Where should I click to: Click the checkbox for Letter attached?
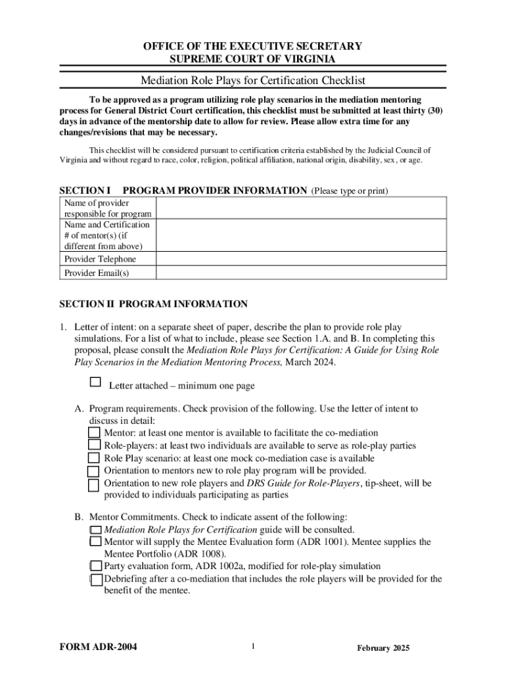tap(95, 382)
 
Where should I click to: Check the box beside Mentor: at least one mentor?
tap(95, 432)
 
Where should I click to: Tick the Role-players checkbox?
tap(95, 445)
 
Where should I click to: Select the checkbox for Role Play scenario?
tap(95, 458)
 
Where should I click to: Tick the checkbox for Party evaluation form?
tap(96, 566)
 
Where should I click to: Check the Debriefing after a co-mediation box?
tap(96, 579)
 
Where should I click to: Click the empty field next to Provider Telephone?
tap(301, 259)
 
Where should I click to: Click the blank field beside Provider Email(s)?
tap(301, 273)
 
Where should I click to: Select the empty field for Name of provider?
tap(301, 208)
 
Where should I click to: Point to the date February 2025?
tap(383, 649)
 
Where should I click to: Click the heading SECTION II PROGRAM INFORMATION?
tap(154, 304)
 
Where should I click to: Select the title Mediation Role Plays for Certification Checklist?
tap(253, 81)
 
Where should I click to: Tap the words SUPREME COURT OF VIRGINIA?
tap(253, 59)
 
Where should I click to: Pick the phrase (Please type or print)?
tap(350, 191)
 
